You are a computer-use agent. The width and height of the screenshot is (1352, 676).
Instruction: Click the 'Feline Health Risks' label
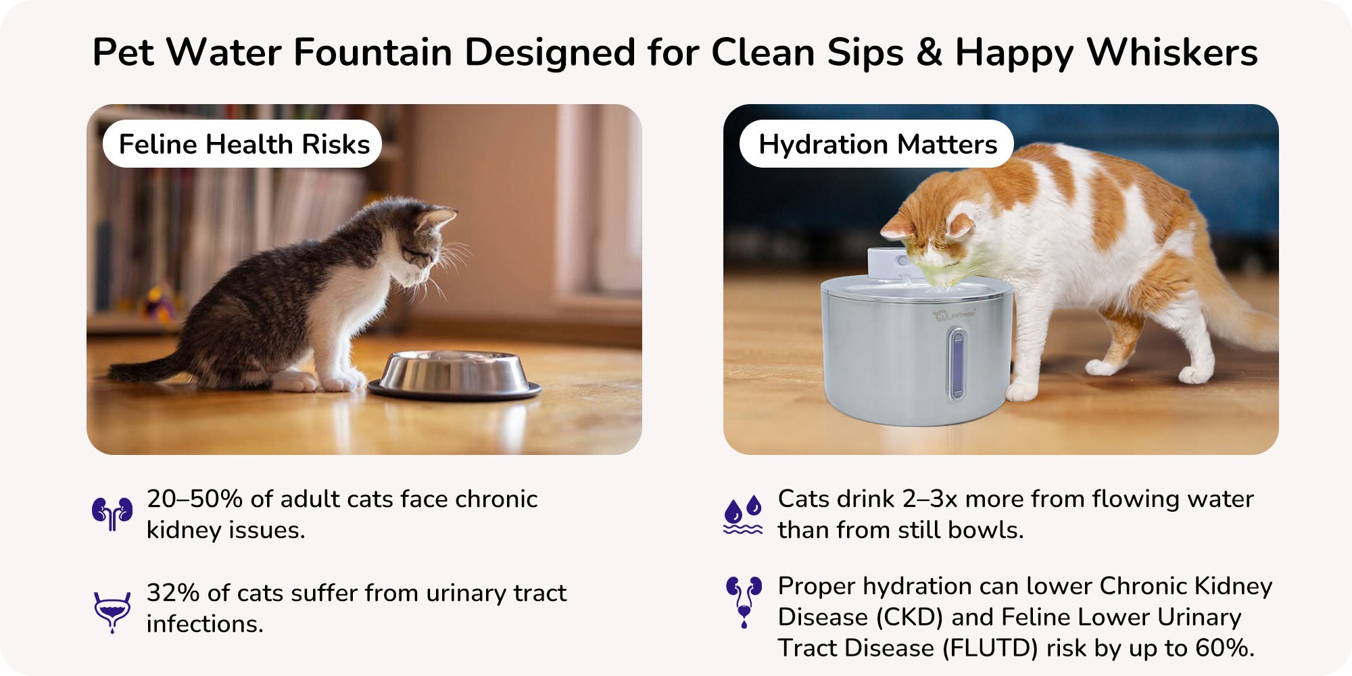[243, 144]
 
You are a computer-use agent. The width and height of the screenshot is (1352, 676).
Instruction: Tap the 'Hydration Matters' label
[877, 144]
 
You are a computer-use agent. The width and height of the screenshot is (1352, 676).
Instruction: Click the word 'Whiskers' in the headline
[1172, 52]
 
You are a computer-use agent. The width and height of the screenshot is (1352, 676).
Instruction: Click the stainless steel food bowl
[454, 375]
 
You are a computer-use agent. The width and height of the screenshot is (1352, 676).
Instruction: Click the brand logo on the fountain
[954, 315]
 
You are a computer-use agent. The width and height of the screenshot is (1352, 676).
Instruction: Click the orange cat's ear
[961, 223]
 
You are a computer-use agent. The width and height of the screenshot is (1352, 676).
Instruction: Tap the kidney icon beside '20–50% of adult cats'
[112, 514]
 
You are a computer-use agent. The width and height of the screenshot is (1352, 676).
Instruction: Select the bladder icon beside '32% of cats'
[112, 612]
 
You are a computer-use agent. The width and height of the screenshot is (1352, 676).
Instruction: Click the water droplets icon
[743, 514]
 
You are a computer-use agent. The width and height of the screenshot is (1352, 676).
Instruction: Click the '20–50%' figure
[195, 499]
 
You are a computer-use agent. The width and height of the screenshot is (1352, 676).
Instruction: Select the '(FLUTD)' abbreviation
[990, 648]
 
